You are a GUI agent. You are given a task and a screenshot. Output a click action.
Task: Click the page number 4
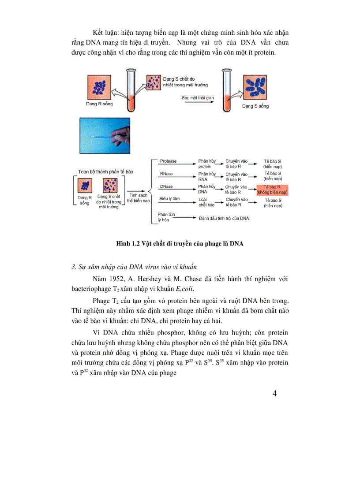(275, 394)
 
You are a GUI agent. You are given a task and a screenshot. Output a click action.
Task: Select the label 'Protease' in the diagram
(168, 161)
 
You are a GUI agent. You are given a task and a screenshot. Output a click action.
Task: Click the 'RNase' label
(166, 174)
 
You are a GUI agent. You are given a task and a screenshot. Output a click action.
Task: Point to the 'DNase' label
(166, 187)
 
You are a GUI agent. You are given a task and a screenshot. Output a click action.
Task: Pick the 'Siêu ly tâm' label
(169, 199)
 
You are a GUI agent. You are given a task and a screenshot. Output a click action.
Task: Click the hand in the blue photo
(120, 132)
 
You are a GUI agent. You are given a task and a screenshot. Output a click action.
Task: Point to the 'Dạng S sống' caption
(255, 106)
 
